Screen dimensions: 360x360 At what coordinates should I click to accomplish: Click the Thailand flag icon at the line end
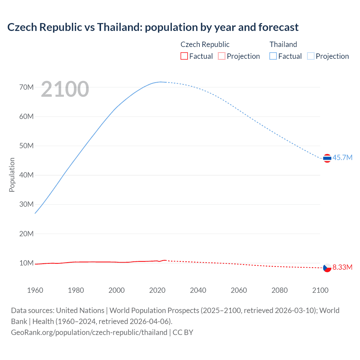click(x=327, y=158)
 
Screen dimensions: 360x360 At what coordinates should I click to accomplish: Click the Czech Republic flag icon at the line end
click(x=327, y=268)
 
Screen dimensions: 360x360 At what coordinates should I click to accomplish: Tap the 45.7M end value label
click(x=342, y=157)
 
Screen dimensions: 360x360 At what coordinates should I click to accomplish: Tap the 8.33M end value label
click(x=342, y=267)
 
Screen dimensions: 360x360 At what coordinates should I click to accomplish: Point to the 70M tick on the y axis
click(x=26, y=87)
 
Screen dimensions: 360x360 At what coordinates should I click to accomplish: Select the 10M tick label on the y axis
click(x=26, y=263)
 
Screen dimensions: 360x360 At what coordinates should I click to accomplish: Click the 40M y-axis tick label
click(x=26, y=175)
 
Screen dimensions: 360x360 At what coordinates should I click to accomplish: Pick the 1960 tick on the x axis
click(x=35, y=290)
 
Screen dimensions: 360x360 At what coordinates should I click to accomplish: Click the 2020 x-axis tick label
click(x=157, y=290)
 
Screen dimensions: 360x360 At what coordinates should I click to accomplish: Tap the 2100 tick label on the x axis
click(x=320, y=290)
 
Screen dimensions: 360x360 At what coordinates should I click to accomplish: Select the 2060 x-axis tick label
click(x=239, y=290)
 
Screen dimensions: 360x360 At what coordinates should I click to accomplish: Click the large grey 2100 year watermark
click(x=65, y=89)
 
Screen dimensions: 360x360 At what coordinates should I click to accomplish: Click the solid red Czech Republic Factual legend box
click(x=184, y=56)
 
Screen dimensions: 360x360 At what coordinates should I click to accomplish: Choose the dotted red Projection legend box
click(x=222, y=56)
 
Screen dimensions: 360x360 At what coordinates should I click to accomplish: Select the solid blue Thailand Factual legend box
click(x=273, y=56)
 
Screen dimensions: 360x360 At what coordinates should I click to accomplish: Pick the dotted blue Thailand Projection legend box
click(x=310, y=56)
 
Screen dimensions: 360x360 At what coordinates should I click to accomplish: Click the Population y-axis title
click(x=12, y=175)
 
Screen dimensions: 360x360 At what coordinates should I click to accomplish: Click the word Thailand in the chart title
click(x=120, y=27)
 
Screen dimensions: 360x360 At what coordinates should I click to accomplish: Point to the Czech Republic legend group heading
click(x=205, y=44)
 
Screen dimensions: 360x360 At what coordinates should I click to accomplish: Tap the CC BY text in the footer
click(x=183, y=332)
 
